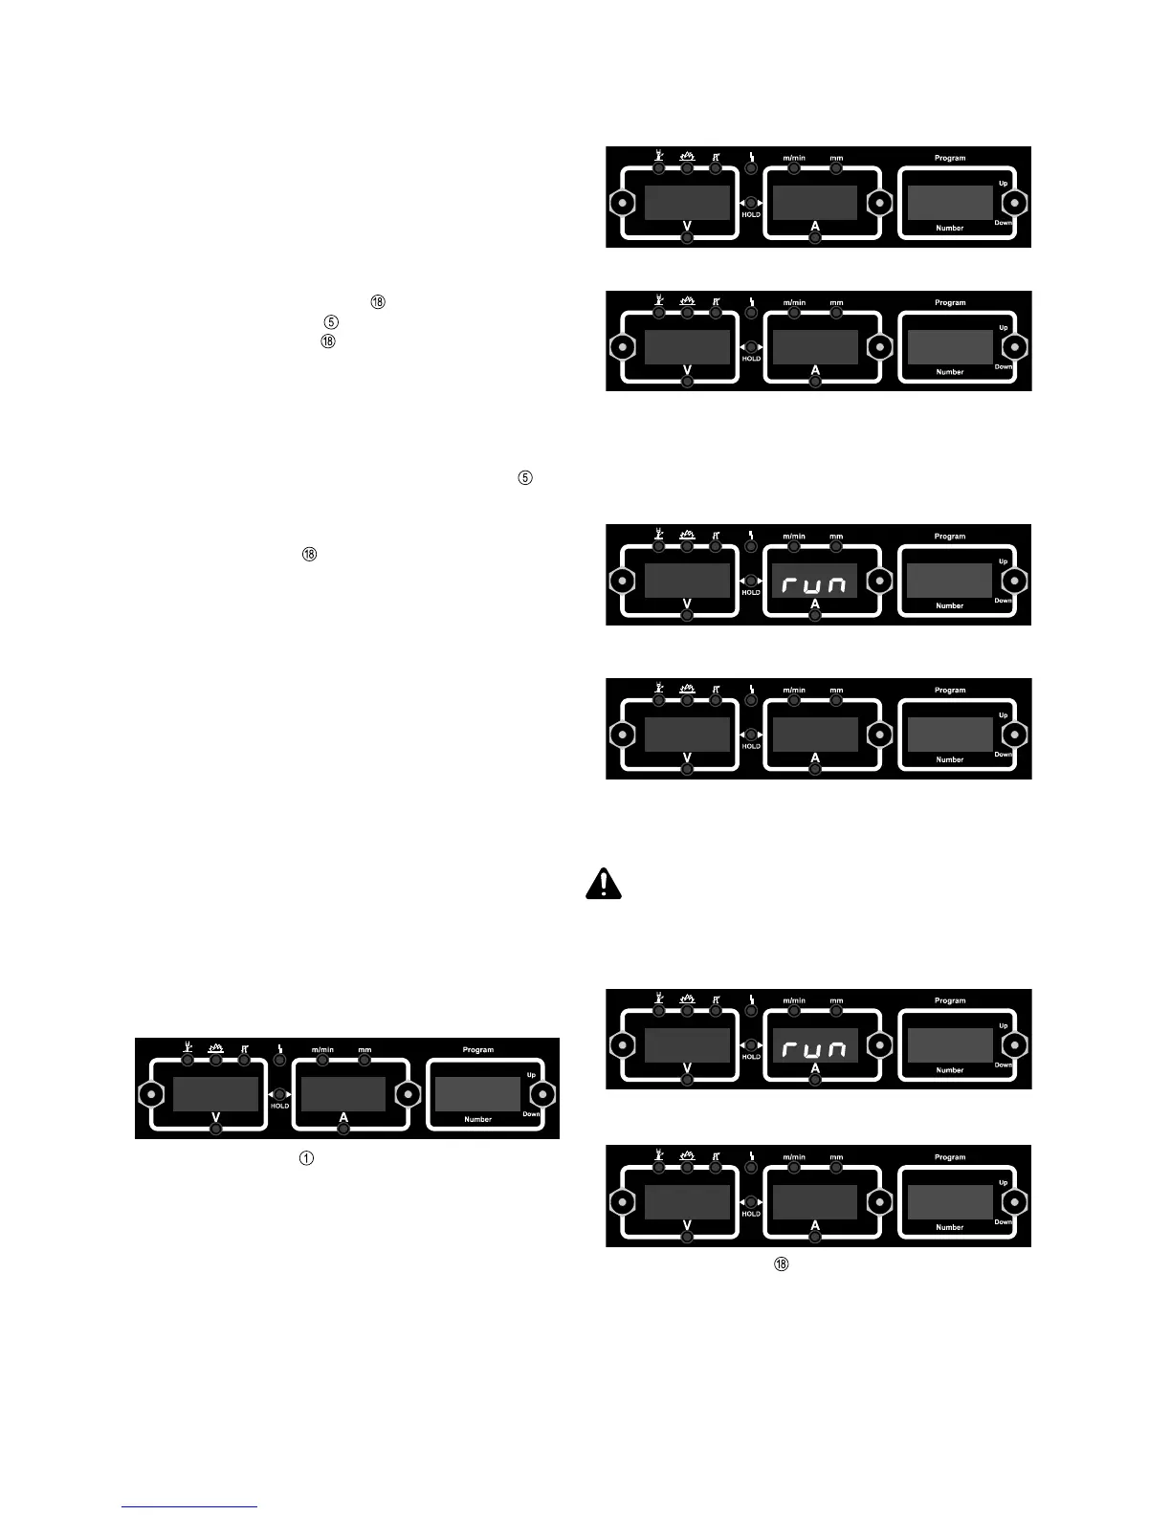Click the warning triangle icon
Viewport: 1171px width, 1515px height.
(603, 883)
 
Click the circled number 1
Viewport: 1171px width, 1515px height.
(306, 1158)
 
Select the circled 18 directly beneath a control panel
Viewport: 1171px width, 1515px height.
(781, 1264)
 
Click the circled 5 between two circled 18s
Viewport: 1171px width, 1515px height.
(331, 321)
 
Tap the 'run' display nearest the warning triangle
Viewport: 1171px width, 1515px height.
(814, 1049)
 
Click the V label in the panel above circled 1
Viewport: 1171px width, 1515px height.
(215, 1117)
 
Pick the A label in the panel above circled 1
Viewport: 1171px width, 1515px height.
(343, 1117)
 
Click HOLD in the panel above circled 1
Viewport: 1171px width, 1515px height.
(279, 1106)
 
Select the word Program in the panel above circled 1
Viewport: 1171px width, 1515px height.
(477, 1049)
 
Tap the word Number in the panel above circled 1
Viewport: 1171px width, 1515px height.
(477, 1119)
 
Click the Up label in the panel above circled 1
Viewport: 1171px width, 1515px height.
(531, 1075)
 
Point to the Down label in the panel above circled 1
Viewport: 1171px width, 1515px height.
(531, 1114)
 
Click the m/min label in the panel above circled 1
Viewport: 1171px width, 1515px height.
(322, 1049)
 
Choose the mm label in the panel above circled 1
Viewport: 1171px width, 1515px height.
(365, 1049)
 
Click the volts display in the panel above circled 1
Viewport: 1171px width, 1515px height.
(215, 1093)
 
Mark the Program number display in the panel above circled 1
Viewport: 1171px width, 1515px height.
(477, 1093)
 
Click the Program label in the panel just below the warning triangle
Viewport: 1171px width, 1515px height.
(949, 1000)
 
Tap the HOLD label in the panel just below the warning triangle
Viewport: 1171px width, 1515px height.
(751, 1057)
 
